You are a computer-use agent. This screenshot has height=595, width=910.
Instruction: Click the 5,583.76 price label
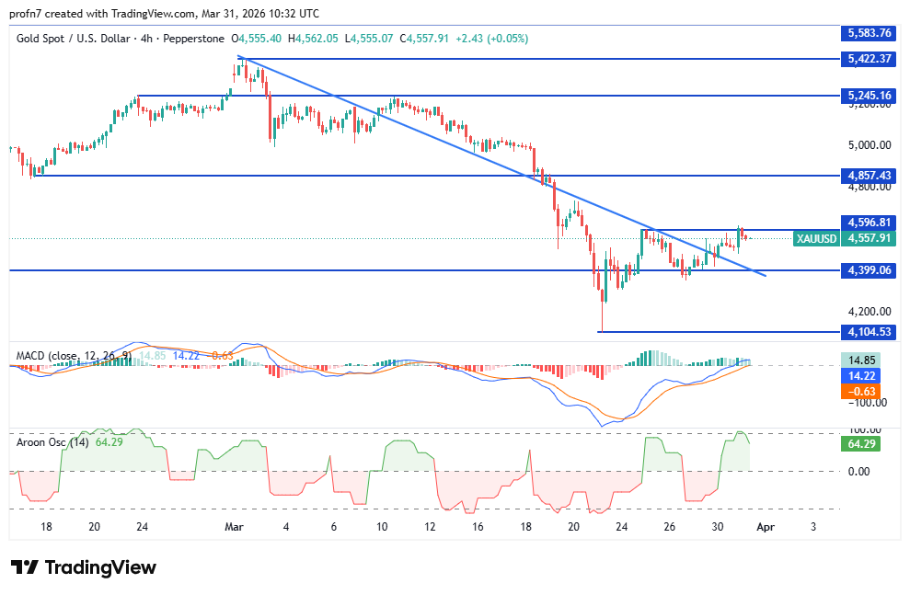pyautogui.click(x=867, y=33)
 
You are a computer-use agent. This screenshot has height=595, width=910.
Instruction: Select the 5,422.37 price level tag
pyautogui.click(x=867, y=58)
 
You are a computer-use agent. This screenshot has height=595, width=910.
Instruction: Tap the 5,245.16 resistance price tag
pyautogui.click(x=867, y=95)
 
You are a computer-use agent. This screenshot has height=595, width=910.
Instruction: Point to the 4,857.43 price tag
pyautogui.click(x=867, y=175)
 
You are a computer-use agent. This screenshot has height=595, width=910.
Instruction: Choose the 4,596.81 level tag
pyautogui.click(x=867, y=222)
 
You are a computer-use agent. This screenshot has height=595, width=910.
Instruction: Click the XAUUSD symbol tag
pyautogui.click(x=817, y=238)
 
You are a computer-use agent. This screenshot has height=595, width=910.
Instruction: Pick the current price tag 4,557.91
pyautogui.click(x=867, y=238)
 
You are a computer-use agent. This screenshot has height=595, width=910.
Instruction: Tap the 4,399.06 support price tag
pyautogui.click(x=867, y=270)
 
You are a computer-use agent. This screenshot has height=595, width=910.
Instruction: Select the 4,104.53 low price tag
pyautogui.click(x=867, y=332)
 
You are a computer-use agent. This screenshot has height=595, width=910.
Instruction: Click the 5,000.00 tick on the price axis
pyautogui.click(x=867, y=145)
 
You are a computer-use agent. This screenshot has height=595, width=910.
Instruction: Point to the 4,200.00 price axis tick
pyautogui.click(x=867, y=312)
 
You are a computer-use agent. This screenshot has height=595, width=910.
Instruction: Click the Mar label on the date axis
pyautogui.click(x=234, y=527)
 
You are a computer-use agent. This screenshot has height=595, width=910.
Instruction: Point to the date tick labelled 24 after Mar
pyautogui.click(x=622, y=527)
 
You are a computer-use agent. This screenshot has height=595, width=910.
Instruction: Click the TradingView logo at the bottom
pyautogui.click(x=83, y=567)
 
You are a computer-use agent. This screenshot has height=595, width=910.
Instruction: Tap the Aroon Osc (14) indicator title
pyautogui.click(x=52, y=441)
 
